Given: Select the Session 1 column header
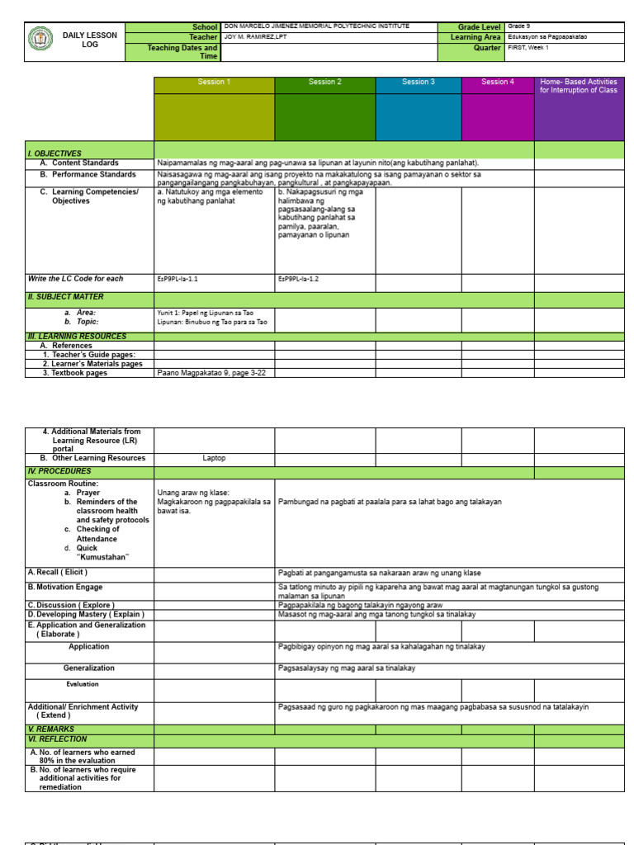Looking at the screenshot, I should click(214, 83).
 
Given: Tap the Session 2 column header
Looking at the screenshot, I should click(324, 83).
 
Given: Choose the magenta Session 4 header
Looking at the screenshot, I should click(497, 83).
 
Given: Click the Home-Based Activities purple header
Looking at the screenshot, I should click(579, 86).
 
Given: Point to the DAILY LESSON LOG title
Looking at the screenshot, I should click(90, 40).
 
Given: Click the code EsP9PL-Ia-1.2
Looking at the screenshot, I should click(298, 279).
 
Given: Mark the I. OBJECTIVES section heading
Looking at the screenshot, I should click(54, 153).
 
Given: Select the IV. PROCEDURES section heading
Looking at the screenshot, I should click(59, 471).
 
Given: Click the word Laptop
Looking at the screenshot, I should click(214, 458).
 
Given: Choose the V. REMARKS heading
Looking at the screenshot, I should click(51, 729).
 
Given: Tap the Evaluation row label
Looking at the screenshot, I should click(83, 684).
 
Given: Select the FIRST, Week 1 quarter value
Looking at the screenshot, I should click(528, 48).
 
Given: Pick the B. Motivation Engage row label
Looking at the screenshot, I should click(65, 588).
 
